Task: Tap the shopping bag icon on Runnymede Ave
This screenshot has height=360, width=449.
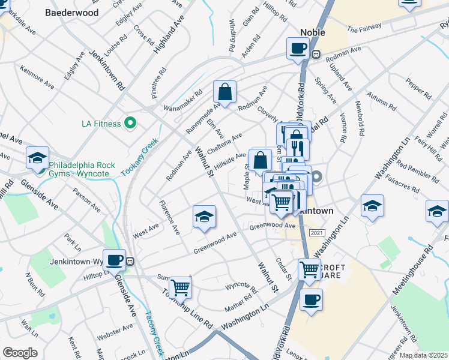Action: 225,92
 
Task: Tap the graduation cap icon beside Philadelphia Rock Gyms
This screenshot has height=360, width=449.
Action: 37,158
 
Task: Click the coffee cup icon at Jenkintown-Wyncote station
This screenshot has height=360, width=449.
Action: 114,260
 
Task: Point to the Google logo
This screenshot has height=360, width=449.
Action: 20,353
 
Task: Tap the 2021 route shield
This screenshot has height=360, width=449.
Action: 316,232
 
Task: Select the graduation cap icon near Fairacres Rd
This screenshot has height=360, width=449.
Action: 372,206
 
